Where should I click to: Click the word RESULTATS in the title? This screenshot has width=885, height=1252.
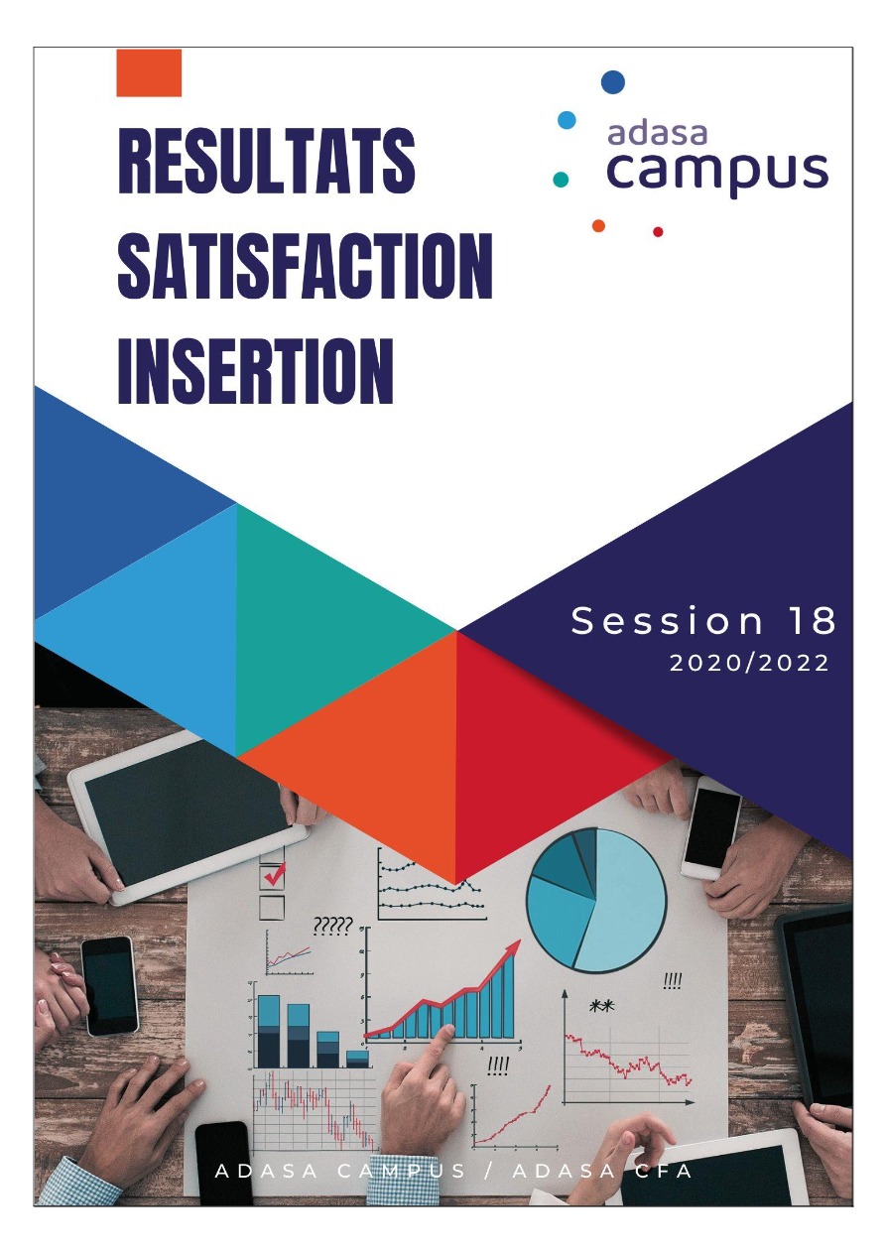(266, 161)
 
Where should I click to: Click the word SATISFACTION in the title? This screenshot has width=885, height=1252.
(306, 266)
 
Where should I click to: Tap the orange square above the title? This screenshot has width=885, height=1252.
(149, 72)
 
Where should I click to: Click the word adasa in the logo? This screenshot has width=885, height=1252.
(658, 133)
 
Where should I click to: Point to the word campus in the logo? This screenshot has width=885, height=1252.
(717, 171)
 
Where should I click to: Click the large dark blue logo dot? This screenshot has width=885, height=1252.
(613, 82)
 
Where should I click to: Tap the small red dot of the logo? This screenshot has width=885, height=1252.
(658, 231)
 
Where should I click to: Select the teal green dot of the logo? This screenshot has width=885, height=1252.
(561, 179)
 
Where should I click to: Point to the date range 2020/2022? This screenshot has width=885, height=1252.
(749, 664)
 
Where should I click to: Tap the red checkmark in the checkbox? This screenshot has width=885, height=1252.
(275, 874)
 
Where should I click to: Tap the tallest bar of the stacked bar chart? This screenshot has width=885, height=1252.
(268, 1031)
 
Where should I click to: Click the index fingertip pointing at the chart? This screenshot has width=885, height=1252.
(447, 1030)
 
